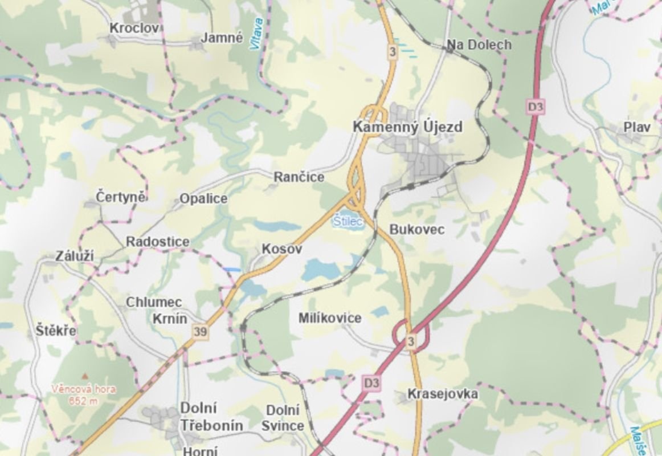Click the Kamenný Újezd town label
click(x=407, y=127)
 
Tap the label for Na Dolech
click(x=479, y=44)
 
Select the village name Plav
click(x=636, y=127)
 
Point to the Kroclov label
click(x=135, y=27)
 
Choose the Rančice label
click(x=299, y=177)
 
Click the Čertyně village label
click(x=121, y=197)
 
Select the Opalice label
click(x=203, y=199)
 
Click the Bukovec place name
click(x=416, y=230)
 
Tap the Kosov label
click(x=281, y=249)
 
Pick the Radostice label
click(x=158, y=242)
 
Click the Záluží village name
click(x=75, y=256)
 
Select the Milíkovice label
click(x=330, y=318)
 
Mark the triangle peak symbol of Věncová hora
click(x=85, y=376)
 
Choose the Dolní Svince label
click(x=283, y=418)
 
